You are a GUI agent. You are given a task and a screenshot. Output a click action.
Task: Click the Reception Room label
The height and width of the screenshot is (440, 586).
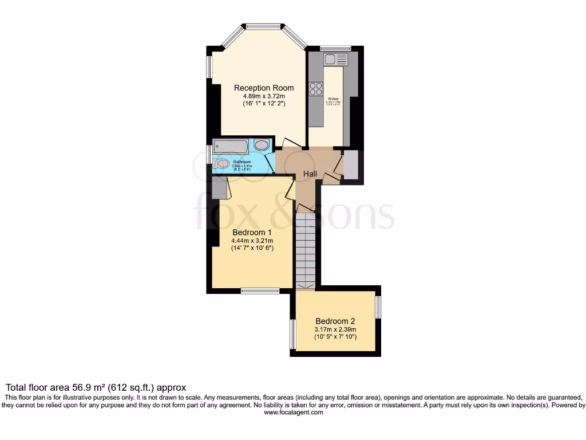coord(264,88)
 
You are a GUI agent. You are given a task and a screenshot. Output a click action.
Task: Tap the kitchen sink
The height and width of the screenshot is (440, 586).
coord(336,59)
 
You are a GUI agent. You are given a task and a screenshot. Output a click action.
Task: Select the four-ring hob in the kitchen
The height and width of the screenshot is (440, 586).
coord(315,89)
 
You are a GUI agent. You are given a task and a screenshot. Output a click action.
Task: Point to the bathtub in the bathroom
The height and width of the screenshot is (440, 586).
coord(231,146)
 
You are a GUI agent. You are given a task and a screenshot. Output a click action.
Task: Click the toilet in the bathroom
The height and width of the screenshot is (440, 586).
coord(221,164)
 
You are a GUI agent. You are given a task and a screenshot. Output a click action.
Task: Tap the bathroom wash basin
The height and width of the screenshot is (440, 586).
coord(262,145)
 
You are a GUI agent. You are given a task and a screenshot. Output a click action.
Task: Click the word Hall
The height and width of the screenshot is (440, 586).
coord(310,174)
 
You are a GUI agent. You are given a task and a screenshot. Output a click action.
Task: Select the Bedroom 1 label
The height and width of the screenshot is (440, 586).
coord(252,232)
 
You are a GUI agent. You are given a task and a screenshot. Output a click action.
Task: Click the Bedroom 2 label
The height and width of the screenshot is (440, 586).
coord(335,321)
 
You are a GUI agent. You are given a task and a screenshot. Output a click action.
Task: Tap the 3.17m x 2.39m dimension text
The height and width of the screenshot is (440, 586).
coord(335,329)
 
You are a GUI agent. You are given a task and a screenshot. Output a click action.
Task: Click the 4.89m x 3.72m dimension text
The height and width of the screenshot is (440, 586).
coord(264,96)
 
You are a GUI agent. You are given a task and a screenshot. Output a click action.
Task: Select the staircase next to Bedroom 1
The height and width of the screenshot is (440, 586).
coord(306,250)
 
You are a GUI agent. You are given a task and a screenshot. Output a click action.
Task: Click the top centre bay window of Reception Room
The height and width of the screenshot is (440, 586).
coord(264,26)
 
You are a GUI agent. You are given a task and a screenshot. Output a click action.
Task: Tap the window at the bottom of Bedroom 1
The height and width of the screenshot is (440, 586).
coord(259,291)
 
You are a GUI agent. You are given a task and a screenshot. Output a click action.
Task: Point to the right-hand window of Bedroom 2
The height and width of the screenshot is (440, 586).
coord(378,307)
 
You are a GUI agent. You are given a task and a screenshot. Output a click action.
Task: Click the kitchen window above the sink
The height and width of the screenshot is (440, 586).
coord(335,48)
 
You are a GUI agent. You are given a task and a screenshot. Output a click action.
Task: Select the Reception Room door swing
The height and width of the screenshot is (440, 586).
coord(290,143)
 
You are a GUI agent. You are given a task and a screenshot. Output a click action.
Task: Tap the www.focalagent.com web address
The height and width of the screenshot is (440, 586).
coord(293,412)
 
